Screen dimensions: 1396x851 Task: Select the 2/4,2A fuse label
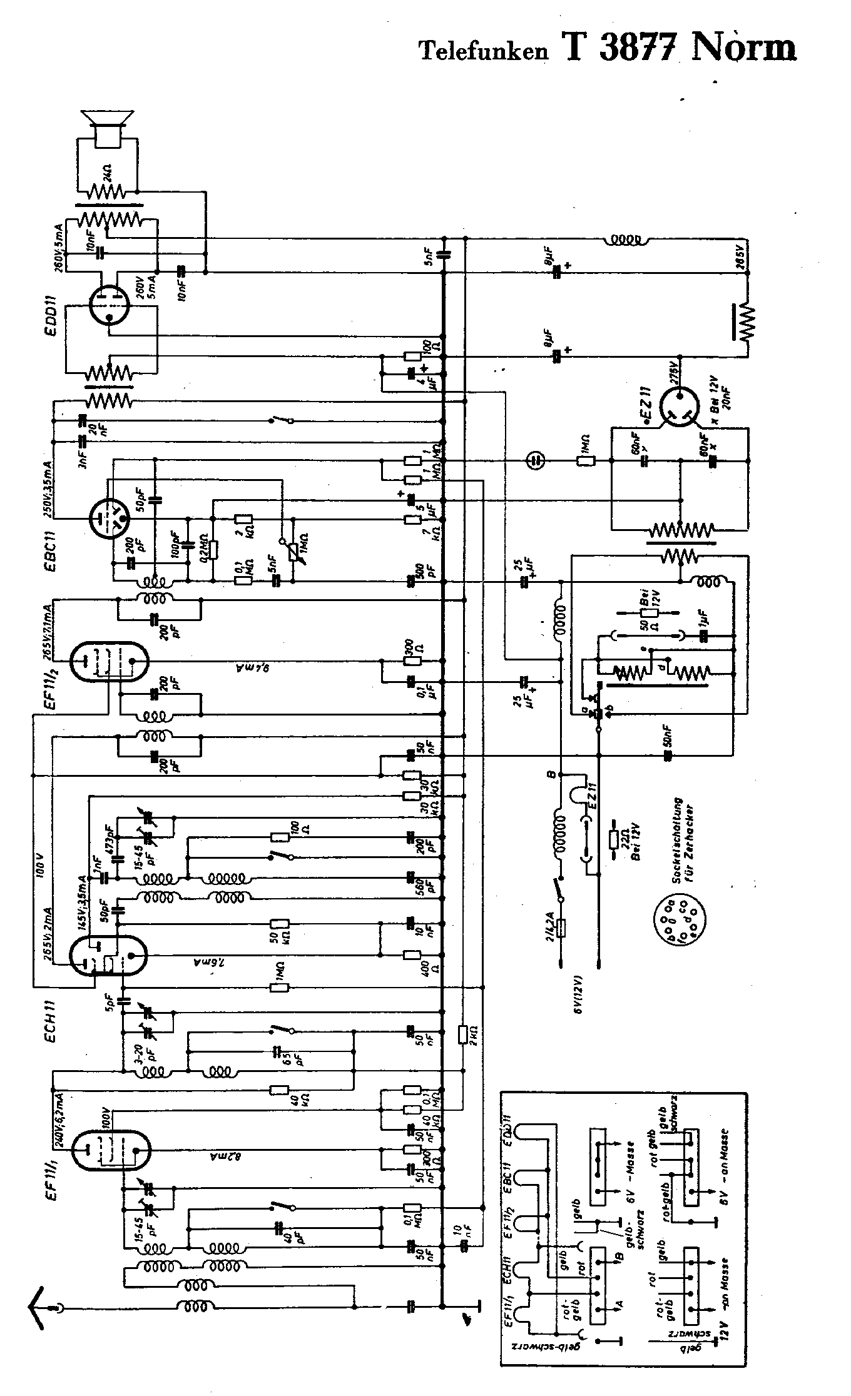[x=550, y=923]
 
